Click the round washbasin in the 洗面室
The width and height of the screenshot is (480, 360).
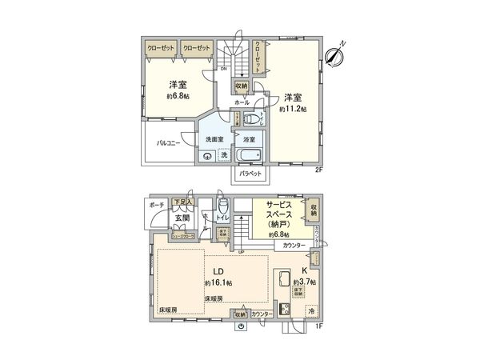pyautogui.click(x=207, y=155)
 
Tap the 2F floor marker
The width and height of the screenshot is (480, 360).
pyautogui.click(x=318, y=169)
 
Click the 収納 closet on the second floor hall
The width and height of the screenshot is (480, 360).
pyautogui.click(x=242, y=86)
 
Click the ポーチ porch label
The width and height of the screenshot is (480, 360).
pyautogui.click(x=155, y=204)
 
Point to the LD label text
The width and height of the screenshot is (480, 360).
pyautogui.click(x=217, y=270)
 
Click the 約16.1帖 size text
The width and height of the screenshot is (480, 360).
pyautogui.click(x=218, y=282)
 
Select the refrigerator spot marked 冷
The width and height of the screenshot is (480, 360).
pyautogui.click(x=310, y=310)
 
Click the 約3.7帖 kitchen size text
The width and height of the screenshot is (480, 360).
pyautogui.click(x=304, y=282)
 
